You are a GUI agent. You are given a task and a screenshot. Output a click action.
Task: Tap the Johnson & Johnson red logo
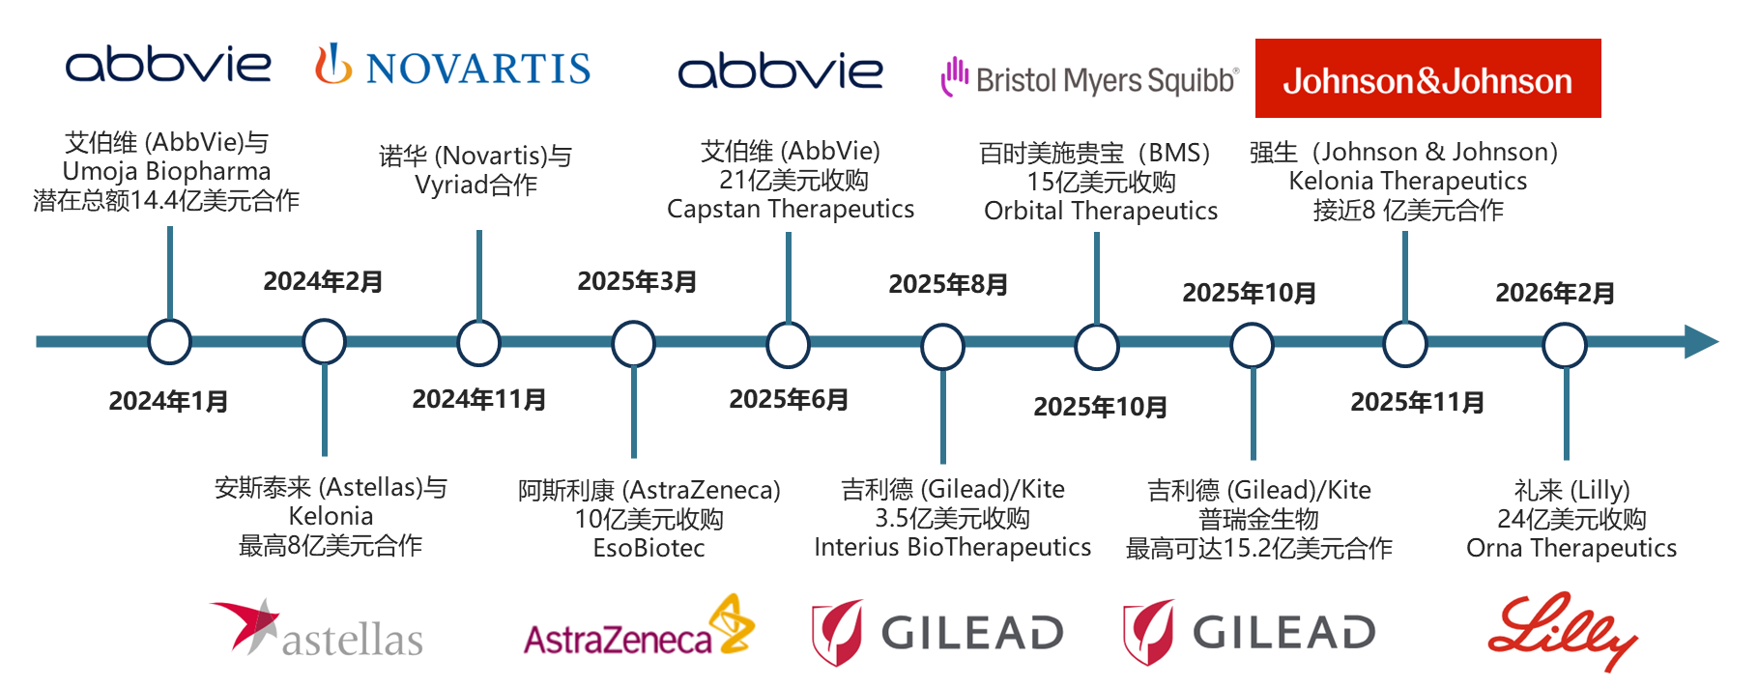(x=1427, y=80)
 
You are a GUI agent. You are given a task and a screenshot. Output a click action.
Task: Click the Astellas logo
(x=316, y=631)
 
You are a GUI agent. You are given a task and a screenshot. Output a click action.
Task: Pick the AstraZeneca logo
(x=634, y=631)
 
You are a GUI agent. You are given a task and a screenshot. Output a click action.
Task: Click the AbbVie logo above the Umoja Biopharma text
(x=168, y=66)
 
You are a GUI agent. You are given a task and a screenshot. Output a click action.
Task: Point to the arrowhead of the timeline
(x=1702, y=342)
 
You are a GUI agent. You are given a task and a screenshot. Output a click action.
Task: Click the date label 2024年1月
(x=168, y=401)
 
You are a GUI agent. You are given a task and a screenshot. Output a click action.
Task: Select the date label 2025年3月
(x=637, y=281)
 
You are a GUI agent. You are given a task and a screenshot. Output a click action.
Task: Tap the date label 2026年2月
(x=1555, y=293)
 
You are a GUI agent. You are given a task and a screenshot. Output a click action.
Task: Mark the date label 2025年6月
(x=789, y=399)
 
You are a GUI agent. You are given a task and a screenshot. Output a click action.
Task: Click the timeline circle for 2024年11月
(x=478, y=343)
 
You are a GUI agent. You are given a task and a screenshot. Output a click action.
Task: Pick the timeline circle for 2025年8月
(x=942, y=347)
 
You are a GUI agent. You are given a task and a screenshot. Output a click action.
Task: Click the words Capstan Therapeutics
(x=791, y=210)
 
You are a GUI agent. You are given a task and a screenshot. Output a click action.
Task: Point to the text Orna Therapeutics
(x=1571, y=549)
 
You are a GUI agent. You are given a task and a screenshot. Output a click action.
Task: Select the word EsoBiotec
(x=648, y=549)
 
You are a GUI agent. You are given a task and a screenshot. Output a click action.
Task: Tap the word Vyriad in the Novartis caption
(x=449, y=186)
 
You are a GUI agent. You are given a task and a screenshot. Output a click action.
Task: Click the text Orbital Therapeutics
(x=1101, y=212)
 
